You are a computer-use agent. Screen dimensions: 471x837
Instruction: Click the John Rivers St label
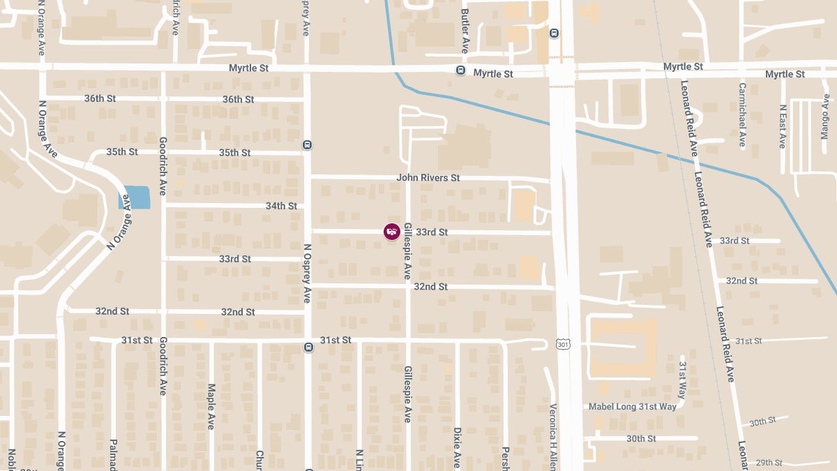(x=428, y=178)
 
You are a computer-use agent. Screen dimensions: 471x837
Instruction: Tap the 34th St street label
(x=281, y=206)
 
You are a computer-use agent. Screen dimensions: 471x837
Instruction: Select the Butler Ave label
(x=465, y=31)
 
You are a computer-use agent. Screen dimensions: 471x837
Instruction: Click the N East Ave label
(x=783, y=126)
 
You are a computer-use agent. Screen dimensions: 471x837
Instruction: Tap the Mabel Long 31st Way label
(x=633, y=406)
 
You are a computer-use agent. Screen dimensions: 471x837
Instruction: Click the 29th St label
(x=769, y=462)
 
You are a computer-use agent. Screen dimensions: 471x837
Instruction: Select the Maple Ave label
(x=211, y=405)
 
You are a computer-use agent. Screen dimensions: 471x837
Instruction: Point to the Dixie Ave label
(x=457, y=447)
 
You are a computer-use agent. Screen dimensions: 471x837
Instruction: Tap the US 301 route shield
(x=563, y=344)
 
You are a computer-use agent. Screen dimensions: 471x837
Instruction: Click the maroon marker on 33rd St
(x=392, y=231)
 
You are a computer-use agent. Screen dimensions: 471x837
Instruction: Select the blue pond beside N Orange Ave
(x=136, y=197)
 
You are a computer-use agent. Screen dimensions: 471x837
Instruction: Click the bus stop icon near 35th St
(x=307, y=145)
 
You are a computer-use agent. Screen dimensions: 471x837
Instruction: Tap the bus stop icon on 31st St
(x=308, y=347)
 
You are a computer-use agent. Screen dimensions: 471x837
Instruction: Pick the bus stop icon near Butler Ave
(x=460, y=70)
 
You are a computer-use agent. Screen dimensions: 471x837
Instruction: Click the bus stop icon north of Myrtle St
(x=554, y=33)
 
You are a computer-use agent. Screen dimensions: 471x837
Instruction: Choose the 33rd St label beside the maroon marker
(x=432, y=232)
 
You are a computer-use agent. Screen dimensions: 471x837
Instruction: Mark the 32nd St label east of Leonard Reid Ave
(x=741, y=281)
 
